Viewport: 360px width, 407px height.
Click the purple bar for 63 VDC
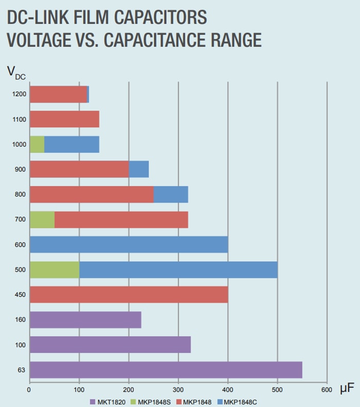pos(166,370)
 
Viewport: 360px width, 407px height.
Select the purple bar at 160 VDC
pos(85,320)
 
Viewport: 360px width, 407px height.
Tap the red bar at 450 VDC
pos(129,294)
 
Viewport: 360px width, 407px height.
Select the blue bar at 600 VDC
pos(129,245)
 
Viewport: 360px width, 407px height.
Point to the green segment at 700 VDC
pos(42,219)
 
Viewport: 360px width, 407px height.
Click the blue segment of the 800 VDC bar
pos(171,194)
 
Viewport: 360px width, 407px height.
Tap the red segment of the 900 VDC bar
pos(79,169)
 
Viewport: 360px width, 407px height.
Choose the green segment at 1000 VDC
pos(37,144)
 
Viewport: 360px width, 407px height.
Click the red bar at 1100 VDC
pos(64,119)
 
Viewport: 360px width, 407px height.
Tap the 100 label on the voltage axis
pos(21,345)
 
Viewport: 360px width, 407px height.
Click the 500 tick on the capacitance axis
pos(278,391)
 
